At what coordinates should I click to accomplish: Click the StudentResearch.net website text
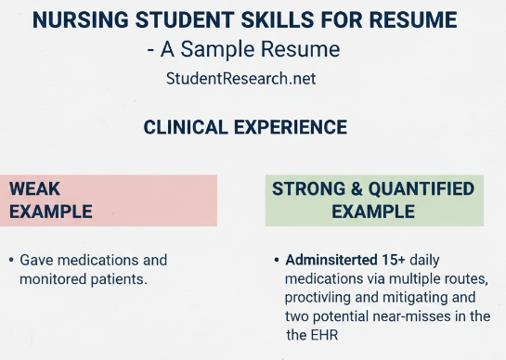(x=240, y=79)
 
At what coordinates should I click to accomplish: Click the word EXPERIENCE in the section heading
(x=288, y=127)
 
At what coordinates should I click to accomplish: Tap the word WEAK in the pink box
(x=35, y=189)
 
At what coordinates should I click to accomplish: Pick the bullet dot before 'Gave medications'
(x=10, y=261)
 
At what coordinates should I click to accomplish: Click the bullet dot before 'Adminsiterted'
(x=277, y=261)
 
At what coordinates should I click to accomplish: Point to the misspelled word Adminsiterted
(x=330, y=260)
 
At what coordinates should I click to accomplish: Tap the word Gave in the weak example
(x=35, y=260)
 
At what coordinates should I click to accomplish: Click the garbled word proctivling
(x=321, y=297)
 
